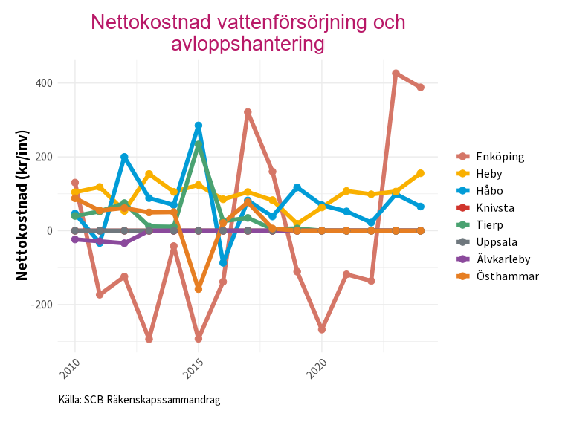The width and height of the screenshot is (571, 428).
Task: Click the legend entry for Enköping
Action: [x=500, y=156]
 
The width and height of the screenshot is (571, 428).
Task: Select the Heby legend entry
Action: [x=488, y=173]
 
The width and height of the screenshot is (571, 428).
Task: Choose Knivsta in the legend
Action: [x=494, y=207]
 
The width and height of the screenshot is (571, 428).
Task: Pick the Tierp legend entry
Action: [x=489, y=224]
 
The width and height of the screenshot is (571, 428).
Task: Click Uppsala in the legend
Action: [x=496, y=241]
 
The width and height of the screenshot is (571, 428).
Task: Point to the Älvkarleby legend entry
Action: [x=503, y=259]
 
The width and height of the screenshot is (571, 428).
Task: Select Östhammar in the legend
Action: [x=507, y=276]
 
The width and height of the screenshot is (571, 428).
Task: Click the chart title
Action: [x=248, y=33]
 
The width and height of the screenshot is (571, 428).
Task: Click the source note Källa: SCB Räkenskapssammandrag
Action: [x=139, y=400]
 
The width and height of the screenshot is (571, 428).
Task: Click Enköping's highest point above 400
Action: [x=396, y=74]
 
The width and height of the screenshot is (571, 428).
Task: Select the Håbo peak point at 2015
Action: [x=199, y=126]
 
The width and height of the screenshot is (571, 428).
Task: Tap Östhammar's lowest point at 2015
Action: [x=199, y=288]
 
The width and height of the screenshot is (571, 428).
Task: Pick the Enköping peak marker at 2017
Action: [x=248, y=112]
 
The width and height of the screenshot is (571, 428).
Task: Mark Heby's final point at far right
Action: [x=421, y=173]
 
